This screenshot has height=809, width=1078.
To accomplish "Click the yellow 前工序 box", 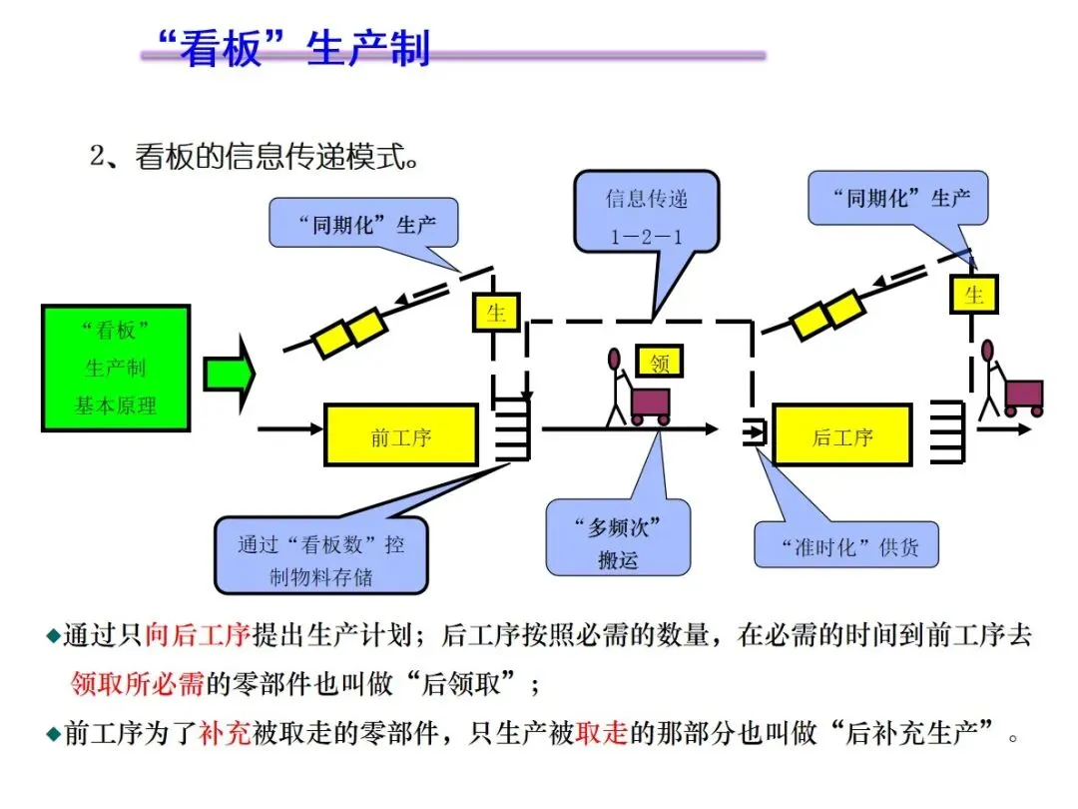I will (401, 435).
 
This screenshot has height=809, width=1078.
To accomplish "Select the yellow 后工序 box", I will (842, 435).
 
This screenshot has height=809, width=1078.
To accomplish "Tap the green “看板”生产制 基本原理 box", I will (116, 368).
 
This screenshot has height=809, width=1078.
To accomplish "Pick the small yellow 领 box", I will (660, 362).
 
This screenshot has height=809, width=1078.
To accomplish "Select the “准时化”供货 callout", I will (846, 545).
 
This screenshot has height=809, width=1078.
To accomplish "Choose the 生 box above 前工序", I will (496, 313).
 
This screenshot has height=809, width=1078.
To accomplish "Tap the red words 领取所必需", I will (137, 684).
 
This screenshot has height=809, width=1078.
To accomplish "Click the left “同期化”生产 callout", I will (366, 224).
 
